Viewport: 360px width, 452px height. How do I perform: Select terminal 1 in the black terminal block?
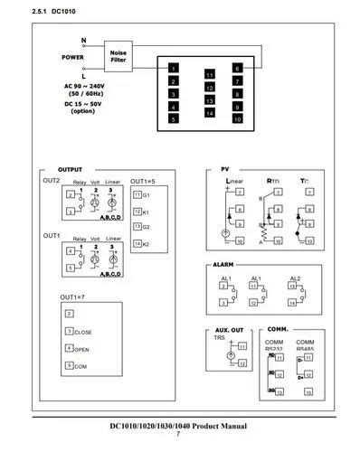[x=173, y=69]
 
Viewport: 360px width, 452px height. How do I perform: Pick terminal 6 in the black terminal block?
[x=236, y=69]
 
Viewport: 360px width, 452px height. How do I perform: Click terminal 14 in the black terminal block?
[x=209, y=114]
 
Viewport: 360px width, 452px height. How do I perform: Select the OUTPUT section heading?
[x=70, y=169]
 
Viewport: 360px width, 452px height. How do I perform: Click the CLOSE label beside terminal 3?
[x=84, y=332]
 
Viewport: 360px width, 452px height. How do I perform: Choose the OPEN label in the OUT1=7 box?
[x=82, y=348]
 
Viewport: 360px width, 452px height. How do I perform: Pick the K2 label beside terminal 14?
[x=146, y=244]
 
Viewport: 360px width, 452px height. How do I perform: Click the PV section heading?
[x=225, y=169]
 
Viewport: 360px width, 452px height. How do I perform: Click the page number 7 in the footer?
[x=178, y=435]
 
